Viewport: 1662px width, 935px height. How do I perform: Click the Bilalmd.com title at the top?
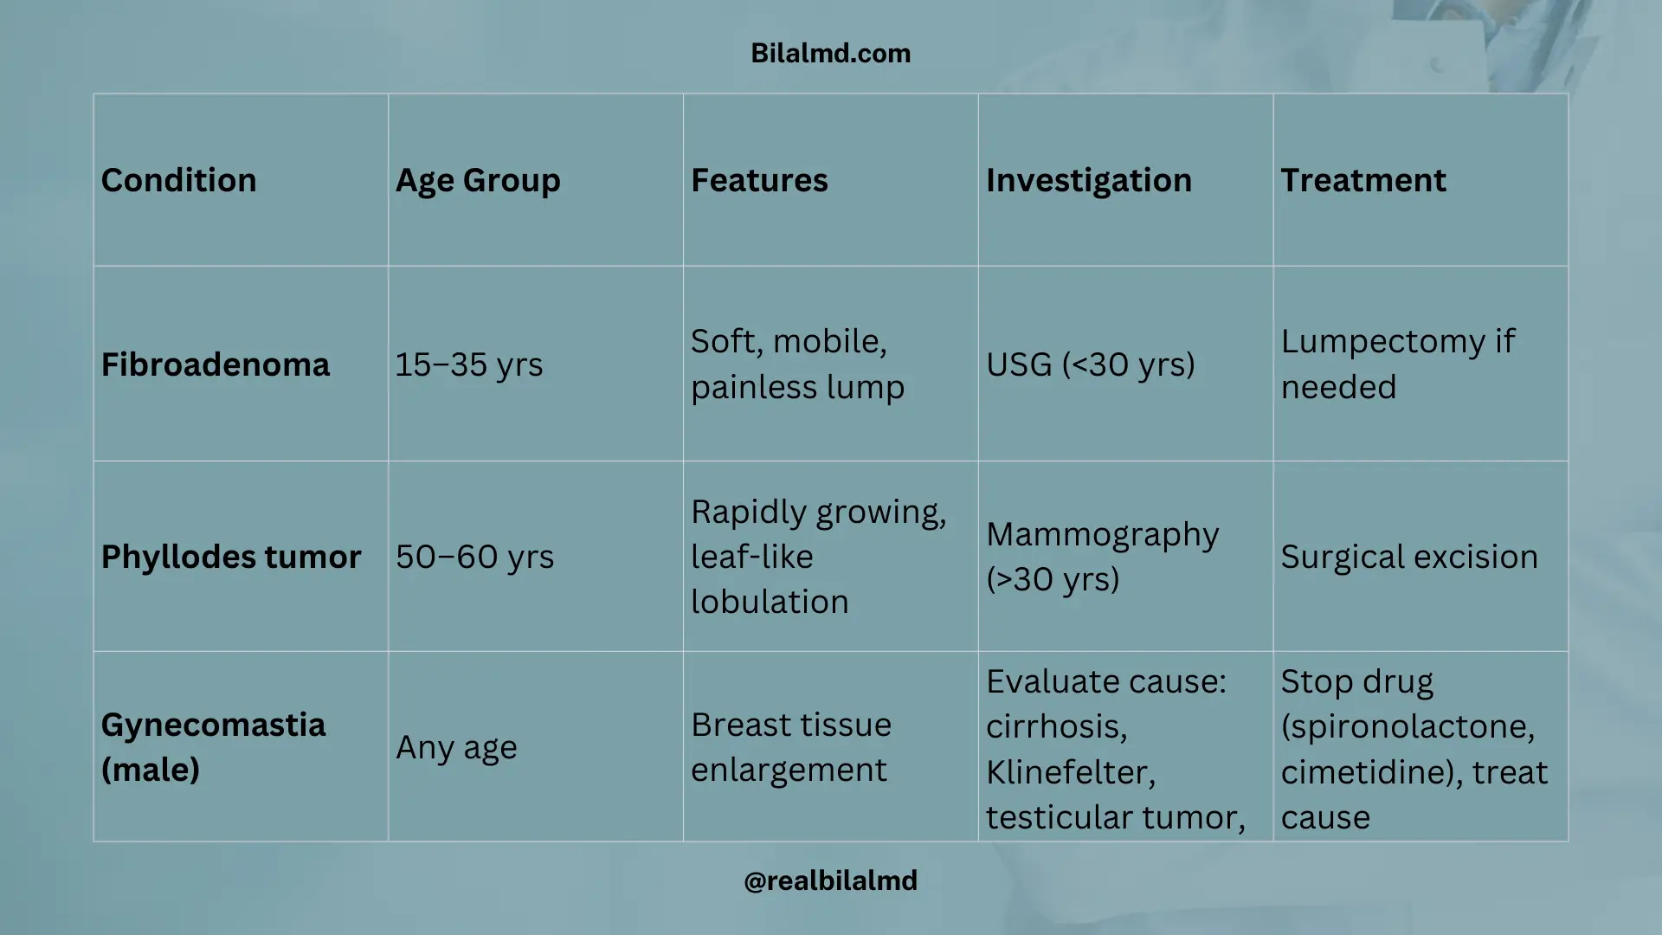830,54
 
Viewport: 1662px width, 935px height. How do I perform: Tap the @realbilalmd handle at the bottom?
830,880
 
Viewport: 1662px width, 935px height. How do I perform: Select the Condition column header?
178,180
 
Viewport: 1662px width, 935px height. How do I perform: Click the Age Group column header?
478,180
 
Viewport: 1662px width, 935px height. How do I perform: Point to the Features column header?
759,180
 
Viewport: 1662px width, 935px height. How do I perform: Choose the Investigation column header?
1088,180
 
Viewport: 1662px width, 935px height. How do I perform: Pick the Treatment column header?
1362,180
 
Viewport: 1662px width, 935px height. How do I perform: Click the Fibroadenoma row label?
215,364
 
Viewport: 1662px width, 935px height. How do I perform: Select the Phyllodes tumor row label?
230,557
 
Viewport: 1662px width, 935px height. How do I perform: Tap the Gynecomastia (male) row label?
213,746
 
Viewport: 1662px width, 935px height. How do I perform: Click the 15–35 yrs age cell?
468,364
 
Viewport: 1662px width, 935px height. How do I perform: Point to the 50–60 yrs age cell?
474,557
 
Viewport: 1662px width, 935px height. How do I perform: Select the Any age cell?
456,747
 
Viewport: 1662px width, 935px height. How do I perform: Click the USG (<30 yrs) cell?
1090,364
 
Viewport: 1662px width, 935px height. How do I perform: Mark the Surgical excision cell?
1408,557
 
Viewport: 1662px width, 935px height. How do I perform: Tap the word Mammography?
1102,535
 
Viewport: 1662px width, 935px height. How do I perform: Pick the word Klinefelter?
1070,771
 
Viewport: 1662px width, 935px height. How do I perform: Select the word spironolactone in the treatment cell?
1408,726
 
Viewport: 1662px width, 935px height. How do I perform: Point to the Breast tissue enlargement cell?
790,747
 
